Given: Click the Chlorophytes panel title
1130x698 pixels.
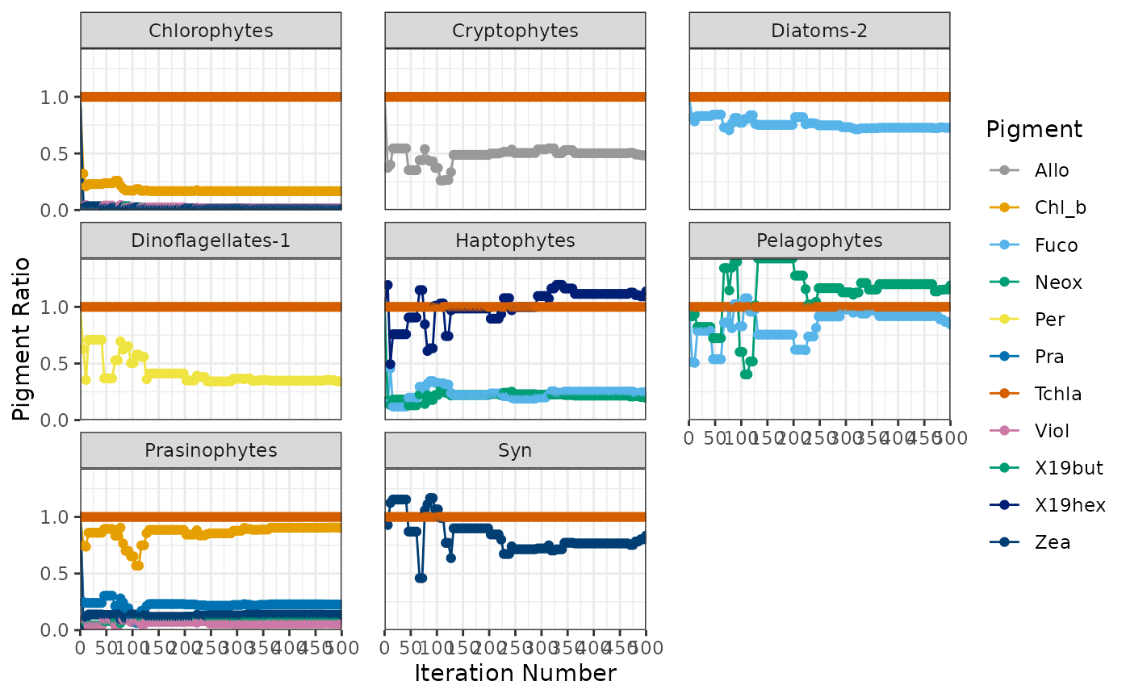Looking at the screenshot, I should tap(211, 31).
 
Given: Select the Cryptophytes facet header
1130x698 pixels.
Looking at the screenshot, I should tap(515, 31).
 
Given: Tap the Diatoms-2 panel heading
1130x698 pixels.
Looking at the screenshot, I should tap(819, 31).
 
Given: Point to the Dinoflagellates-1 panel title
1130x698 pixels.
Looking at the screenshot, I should tap(211, 240).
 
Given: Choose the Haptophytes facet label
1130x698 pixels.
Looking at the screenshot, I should tap(515, 240).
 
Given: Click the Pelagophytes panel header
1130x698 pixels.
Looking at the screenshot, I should tap(819, 240).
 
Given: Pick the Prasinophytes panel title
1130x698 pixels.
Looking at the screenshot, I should tap(211, 450).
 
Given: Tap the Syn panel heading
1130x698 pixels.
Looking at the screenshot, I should tap(515, 450).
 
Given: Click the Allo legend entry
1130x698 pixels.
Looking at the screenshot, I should tap(1052, 170).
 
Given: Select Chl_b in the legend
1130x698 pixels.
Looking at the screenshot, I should tap(1060, 207).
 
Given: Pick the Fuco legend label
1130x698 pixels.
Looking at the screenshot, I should tap(1056, 245).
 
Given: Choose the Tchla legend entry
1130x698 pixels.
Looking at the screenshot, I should tap(1058, 393).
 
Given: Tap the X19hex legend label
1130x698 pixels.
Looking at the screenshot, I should tap(1069, 505).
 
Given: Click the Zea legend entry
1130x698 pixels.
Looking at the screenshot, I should tap(1053, 542).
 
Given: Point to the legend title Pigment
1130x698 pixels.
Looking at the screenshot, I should tap(1034, 129).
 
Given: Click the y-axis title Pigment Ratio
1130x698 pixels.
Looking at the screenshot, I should tap(23, 339).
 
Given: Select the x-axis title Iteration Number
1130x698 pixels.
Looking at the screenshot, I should tap(515, 673).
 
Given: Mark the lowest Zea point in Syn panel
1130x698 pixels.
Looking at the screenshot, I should tap(421, 578).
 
